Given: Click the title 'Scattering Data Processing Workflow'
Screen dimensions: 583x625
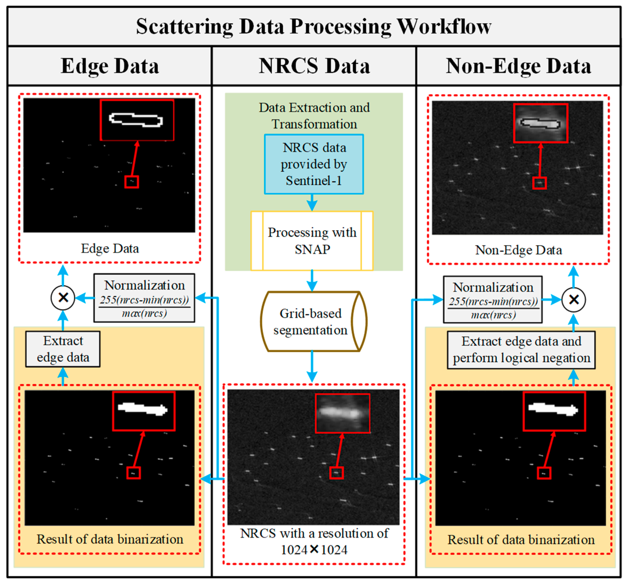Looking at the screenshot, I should click(x=314, y=26).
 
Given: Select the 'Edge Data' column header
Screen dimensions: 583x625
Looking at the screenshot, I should click(x=110, y=66).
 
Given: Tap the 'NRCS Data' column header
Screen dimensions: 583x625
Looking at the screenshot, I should click(x=314, y=66).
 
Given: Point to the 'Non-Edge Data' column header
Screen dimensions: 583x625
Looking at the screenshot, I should click(x=518, y=66).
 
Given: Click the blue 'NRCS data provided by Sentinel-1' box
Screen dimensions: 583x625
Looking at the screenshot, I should click(x=314, y=164).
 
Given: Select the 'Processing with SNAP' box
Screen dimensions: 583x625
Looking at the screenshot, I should click(x=312, y=241).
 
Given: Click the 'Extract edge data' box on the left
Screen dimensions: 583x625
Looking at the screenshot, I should click(x=63, y=349).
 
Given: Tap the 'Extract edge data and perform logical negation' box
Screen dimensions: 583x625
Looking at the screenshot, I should click(x=521, y=350).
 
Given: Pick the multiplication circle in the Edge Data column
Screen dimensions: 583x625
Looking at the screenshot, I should click(x=63, y=297).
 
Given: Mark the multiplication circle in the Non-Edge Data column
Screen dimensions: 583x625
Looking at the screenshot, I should click(x=573, y=300).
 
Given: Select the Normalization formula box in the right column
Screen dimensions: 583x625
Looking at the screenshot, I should click(x=493, y=300).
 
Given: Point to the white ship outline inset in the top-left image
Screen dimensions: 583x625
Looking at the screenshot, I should click(x=137, y=120).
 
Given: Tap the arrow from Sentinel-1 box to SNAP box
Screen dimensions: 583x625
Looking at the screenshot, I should click(x=312, y=203).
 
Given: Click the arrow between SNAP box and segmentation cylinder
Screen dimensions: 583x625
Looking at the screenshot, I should click(x=312, y=281).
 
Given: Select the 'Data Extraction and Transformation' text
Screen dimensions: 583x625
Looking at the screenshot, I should click(x=314, y=116).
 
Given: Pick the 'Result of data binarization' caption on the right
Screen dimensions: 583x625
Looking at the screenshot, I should click(x=521, y=540).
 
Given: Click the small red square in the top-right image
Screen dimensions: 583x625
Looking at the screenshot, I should click(x=539, y=183).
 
